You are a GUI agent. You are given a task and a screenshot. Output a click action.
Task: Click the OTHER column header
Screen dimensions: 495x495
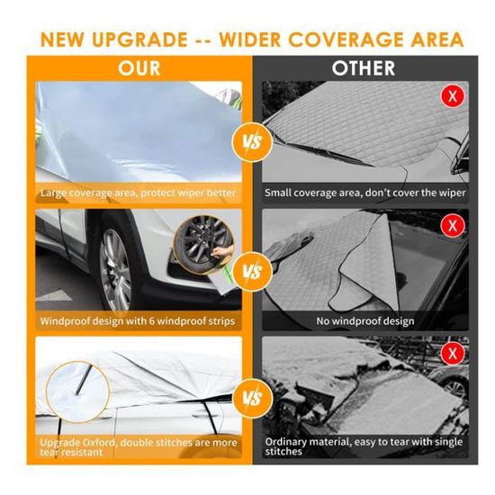(x=363, y=68)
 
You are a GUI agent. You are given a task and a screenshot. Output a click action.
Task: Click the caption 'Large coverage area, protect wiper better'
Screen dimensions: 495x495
(x=138, y=193)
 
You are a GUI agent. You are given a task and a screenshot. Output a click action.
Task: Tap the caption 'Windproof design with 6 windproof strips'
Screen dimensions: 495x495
(x=138, y=320)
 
